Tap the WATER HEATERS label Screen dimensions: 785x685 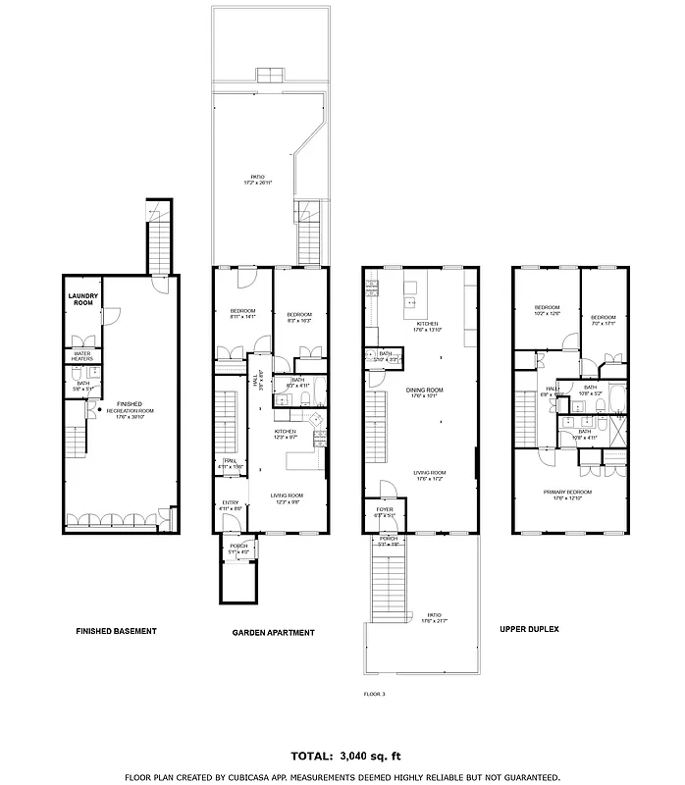tap(82, 355)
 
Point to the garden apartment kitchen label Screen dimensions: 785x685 tap(285, 434)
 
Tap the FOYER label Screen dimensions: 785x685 tap(386, 510)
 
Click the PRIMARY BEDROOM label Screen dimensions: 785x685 tap(568, 493)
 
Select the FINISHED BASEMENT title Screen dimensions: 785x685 tap(116, 631)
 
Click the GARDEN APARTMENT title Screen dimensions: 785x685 tap(273, 633)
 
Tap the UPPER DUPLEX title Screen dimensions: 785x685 tap(529, 629)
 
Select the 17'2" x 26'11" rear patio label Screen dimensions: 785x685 tap(257, 180)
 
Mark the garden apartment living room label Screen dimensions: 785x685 tap(287, 497)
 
